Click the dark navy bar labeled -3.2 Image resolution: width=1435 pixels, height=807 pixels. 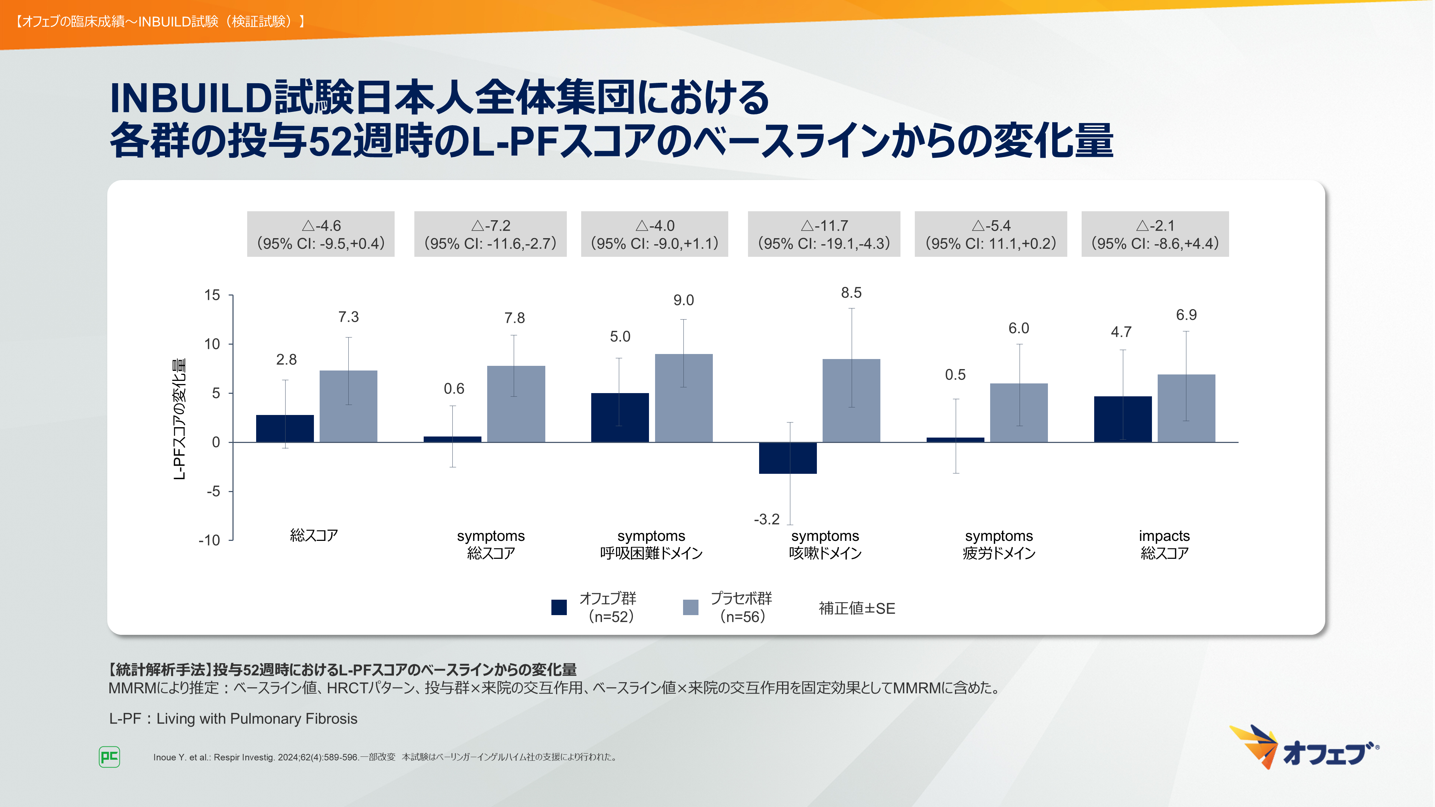[788, 458]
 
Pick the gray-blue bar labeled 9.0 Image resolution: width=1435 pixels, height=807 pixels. [683, 398]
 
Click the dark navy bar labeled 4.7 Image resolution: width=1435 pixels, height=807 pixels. [1123, 419]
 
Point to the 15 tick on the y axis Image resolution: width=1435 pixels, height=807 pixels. [212, 295]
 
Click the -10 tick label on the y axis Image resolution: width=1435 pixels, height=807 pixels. [210, 540]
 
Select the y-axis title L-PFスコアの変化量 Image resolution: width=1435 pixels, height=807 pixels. [179, 419]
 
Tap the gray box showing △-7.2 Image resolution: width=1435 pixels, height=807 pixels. [490, 234]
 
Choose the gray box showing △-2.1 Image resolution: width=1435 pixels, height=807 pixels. [1155, 234]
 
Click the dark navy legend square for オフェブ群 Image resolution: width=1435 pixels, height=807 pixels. [559, 607]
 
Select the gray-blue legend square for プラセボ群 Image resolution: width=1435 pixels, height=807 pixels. [690, 607]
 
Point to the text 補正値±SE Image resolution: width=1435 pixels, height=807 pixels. [857, 608]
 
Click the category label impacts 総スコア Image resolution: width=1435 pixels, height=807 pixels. [1164, 544]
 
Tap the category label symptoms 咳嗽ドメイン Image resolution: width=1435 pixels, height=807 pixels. [825, 544]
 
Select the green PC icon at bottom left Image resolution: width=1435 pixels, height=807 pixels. [109, 757]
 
